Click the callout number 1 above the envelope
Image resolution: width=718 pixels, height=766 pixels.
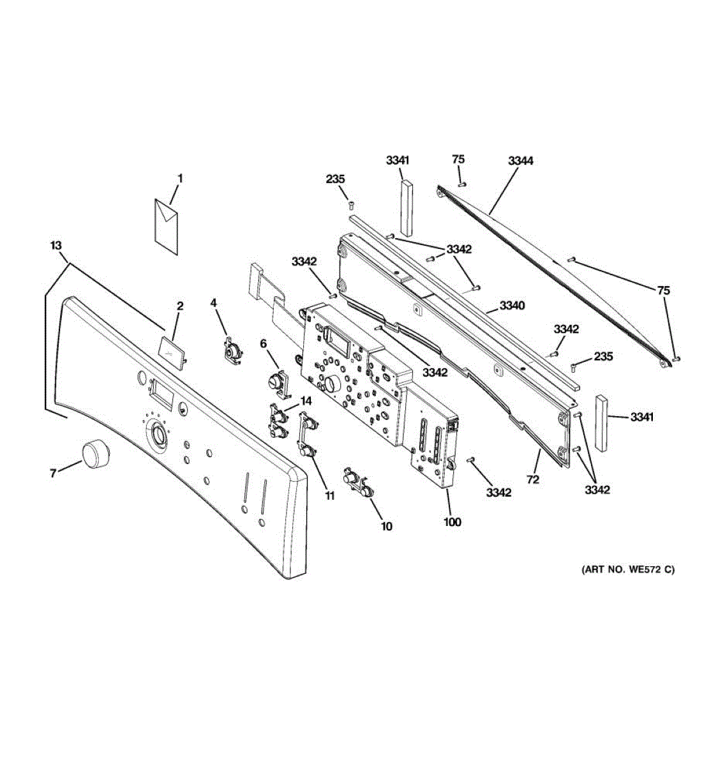(180, 179)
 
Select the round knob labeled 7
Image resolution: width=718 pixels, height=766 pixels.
(94, 454)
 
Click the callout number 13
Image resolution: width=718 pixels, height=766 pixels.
(56, 244)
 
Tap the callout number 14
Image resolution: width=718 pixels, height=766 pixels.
(306, 401)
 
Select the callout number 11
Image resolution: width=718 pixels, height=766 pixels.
(330, 495)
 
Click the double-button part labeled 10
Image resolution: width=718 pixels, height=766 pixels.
(357, 481)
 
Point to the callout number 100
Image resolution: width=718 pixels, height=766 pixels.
(452, 522)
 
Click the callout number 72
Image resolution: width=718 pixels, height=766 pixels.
(533, 479)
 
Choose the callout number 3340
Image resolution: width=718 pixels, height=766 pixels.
(512, 306)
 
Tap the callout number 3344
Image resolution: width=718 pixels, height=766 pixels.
(521, 161)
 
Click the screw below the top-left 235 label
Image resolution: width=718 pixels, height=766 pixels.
(350, 204)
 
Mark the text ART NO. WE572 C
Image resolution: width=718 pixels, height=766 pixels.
(627, 569)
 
